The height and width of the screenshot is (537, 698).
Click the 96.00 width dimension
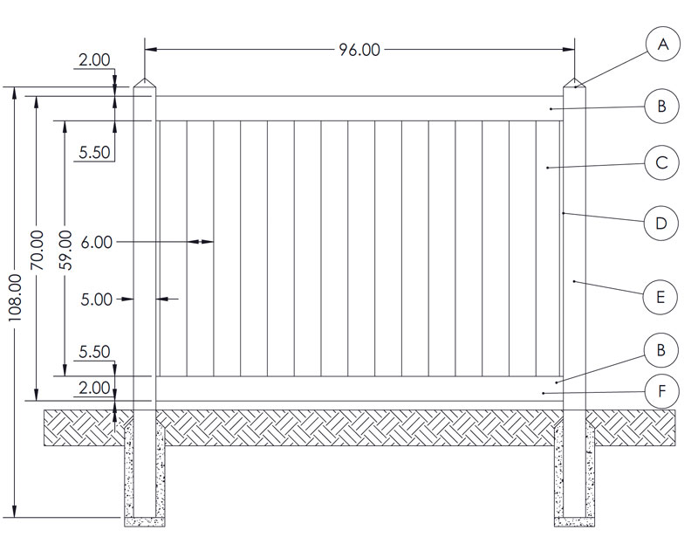click(x=359, y=50)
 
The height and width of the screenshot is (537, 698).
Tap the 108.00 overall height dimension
click(x=15, y=298)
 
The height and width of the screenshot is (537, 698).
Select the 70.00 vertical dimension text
click(x=37, y=250)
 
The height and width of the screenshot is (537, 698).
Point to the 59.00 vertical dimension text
click(x=65, y=250)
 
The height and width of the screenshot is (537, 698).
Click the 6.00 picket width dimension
click(x=97, y=243)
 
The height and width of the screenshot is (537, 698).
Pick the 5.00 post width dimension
click(x=97, y=299)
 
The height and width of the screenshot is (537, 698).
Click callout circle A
click(x=663, y=44)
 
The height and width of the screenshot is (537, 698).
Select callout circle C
click(x=662, y=162)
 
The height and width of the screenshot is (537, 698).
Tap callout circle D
click(x=661, y=223)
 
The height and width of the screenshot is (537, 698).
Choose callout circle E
click(x=660, y=297)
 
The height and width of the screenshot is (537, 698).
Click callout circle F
click(x=662, y=391)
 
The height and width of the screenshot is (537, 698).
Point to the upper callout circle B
click(x=662, y=106)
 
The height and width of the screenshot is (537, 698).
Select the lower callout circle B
click(x=661, y=350)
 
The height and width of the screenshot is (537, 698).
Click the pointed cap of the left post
click(x=145, y=83)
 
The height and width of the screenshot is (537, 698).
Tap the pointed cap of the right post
click(x=575, y=83)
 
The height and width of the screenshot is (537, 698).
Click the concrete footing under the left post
click(x=145, y=474)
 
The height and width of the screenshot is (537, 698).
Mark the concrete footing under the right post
click(x=575, y=474)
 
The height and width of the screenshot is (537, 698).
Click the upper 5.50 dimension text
click(x=94, y=153)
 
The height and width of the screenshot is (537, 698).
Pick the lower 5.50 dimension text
click(x=94, y=352)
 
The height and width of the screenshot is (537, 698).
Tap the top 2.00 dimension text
click(x=94, y=59)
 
